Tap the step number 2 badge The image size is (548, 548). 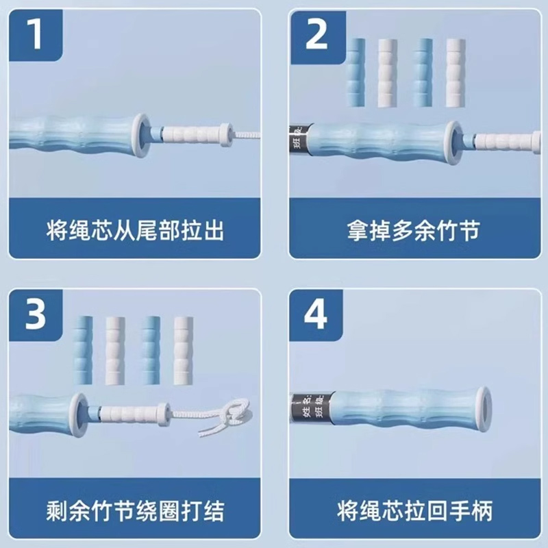tap(316, 34)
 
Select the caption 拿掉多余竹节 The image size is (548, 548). tap(413, 230)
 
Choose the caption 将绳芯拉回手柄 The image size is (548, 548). tap(413, 510)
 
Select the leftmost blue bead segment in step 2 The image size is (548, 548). tap(356, 73)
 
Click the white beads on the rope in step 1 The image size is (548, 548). tap(192, 131)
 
